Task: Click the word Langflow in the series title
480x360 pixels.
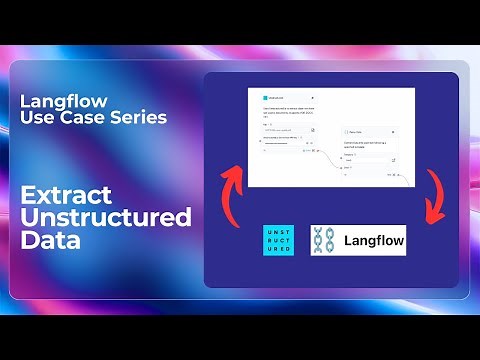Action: [x=51, y=103]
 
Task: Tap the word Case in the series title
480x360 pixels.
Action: [x=67, y=119]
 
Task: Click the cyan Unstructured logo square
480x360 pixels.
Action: [x=278, y=240]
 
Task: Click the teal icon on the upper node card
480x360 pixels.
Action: [x=265, y=98]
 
